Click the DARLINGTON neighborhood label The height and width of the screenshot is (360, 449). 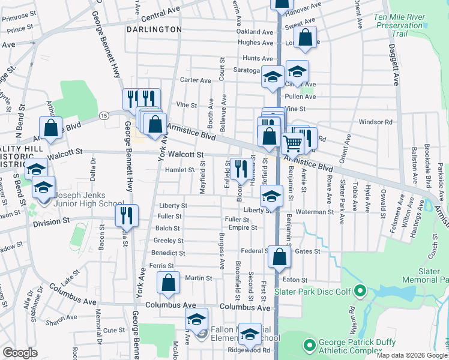click(154, 29)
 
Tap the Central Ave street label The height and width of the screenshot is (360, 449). click(161, 13)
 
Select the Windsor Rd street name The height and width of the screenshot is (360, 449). click(376, 122)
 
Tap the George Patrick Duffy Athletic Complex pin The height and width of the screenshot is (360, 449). click(310, 345)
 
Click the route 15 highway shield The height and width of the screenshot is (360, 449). click(104, 115)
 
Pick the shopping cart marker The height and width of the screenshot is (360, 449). click(292, 143)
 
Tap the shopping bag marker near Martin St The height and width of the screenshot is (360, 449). click(169, 282)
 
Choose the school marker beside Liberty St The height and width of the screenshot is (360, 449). click(272, 197)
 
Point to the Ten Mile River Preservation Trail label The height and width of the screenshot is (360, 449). click(399, 25)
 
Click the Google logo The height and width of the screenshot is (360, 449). click(20, 353)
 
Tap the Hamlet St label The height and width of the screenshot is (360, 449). click(179, 170)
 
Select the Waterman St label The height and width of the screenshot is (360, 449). click(314, 212)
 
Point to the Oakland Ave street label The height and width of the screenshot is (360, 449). click(253, 31)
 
